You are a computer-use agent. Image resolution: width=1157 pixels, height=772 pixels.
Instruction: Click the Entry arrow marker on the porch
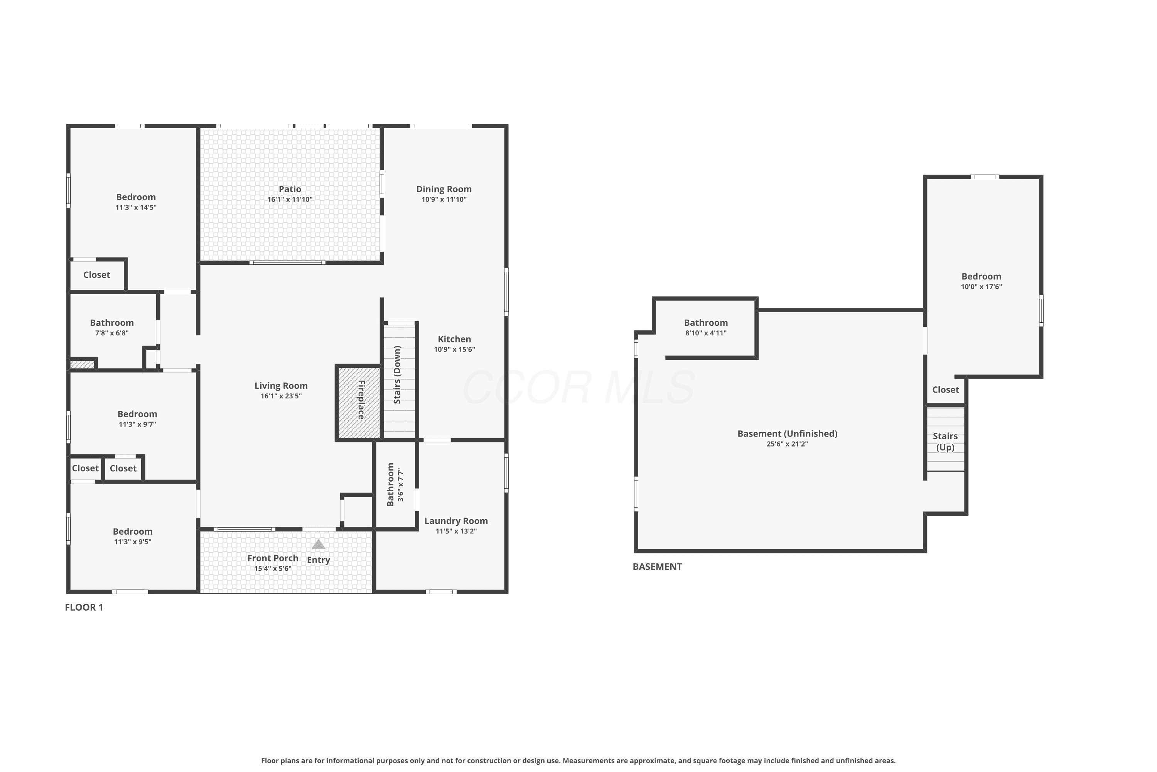[318, 544]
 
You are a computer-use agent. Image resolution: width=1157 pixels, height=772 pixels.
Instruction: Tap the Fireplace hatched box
[359, 402]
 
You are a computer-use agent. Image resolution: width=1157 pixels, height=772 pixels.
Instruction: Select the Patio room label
[290, 189]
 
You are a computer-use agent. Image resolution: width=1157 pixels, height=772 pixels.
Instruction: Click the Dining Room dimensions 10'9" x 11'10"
[444, 200]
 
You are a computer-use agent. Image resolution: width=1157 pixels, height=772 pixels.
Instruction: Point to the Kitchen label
[454, 339]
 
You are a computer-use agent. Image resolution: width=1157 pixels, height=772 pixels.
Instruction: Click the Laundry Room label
[456, 521]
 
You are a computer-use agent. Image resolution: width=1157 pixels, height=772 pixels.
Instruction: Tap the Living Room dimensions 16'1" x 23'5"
[281, 396]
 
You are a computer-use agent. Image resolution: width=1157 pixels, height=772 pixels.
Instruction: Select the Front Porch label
[273, 558]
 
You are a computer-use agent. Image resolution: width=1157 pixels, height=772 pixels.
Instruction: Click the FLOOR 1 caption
[84, 608]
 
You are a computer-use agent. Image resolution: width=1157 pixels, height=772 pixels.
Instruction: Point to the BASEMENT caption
[657, 567]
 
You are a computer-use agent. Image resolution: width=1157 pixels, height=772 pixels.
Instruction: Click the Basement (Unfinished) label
[787, 434]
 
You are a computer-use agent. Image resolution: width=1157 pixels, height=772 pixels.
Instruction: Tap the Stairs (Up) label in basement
[945, 442]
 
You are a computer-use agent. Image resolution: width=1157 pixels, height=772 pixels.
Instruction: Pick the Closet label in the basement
[945, 390]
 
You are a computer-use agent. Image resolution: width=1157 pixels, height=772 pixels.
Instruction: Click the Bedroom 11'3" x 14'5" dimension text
[136, 208]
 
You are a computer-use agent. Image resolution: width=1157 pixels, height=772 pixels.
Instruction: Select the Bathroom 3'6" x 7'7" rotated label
[395, 485]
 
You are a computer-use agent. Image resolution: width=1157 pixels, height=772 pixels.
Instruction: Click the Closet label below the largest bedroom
[96, 275]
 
